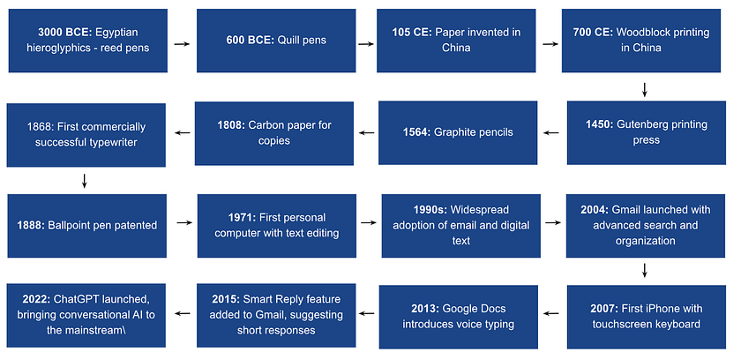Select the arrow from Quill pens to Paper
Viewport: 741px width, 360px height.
(x=366, y=44)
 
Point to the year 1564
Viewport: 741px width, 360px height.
(x=415, y=132)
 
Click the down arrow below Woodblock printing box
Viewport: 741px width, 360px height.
(x=644, y=89)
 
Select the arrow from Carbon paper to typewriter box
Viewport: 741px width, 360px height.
(x=182, y=132)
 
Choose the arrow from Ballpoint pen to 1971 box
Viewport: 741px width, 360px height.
(x=184, y=222)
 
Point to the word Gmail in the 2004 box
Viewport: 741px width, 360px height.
(x=626, y=210)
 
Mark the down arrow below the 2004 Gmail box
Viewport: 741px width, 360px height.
(x=644, y=270)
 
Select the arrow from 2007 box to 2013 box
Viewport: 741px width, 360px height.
(x=550, y=313)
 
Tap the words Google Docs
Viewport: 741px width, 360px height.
(x=474, y=309)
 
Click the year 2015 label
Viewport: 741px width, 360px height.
(x=227, y=299)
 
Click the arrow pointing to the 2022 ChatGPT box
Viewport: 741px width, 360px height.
(x=182, y=313)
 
